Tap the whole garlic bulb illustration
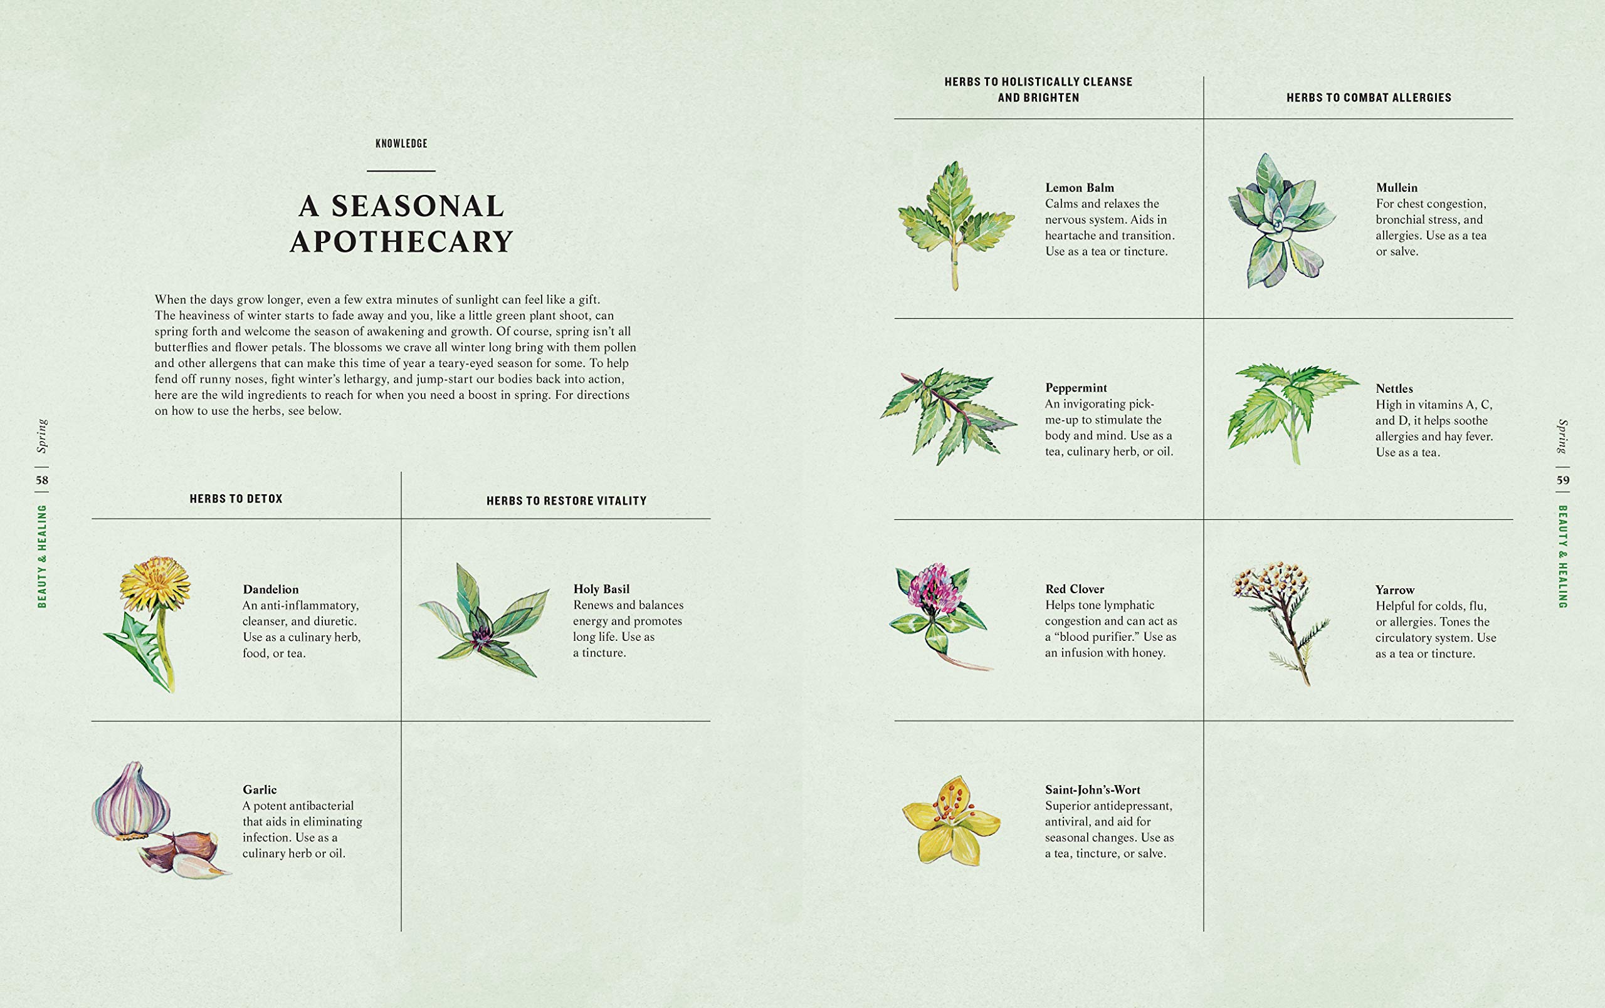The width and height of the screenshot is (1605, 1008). click(130, 801)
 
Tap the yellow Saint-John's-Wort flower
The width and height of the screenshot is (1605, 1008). click(951, 821)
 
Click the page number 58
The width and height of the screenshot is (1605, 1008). click(42, 481)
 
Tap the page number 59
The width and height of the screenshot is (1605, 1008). click(1563, 481)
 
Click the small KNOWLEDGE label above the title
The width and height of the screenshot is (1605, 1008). click(401, 143)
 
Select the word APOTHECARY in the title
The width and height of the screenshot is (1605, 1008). click(402, 241)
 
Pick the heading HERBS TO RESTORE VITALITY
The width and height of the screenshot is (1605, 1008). click(567, 501)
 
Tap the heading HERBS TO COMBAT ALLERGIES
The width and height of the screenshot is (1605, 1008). click(1369, 98)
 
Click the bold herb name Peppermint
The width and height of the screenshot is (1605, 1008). click(1076, 388)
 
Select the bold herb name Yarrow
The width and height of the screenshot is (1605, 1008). click(1394, 590)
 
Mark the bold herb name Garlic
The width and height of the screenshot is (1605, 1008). click(260, 789)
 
